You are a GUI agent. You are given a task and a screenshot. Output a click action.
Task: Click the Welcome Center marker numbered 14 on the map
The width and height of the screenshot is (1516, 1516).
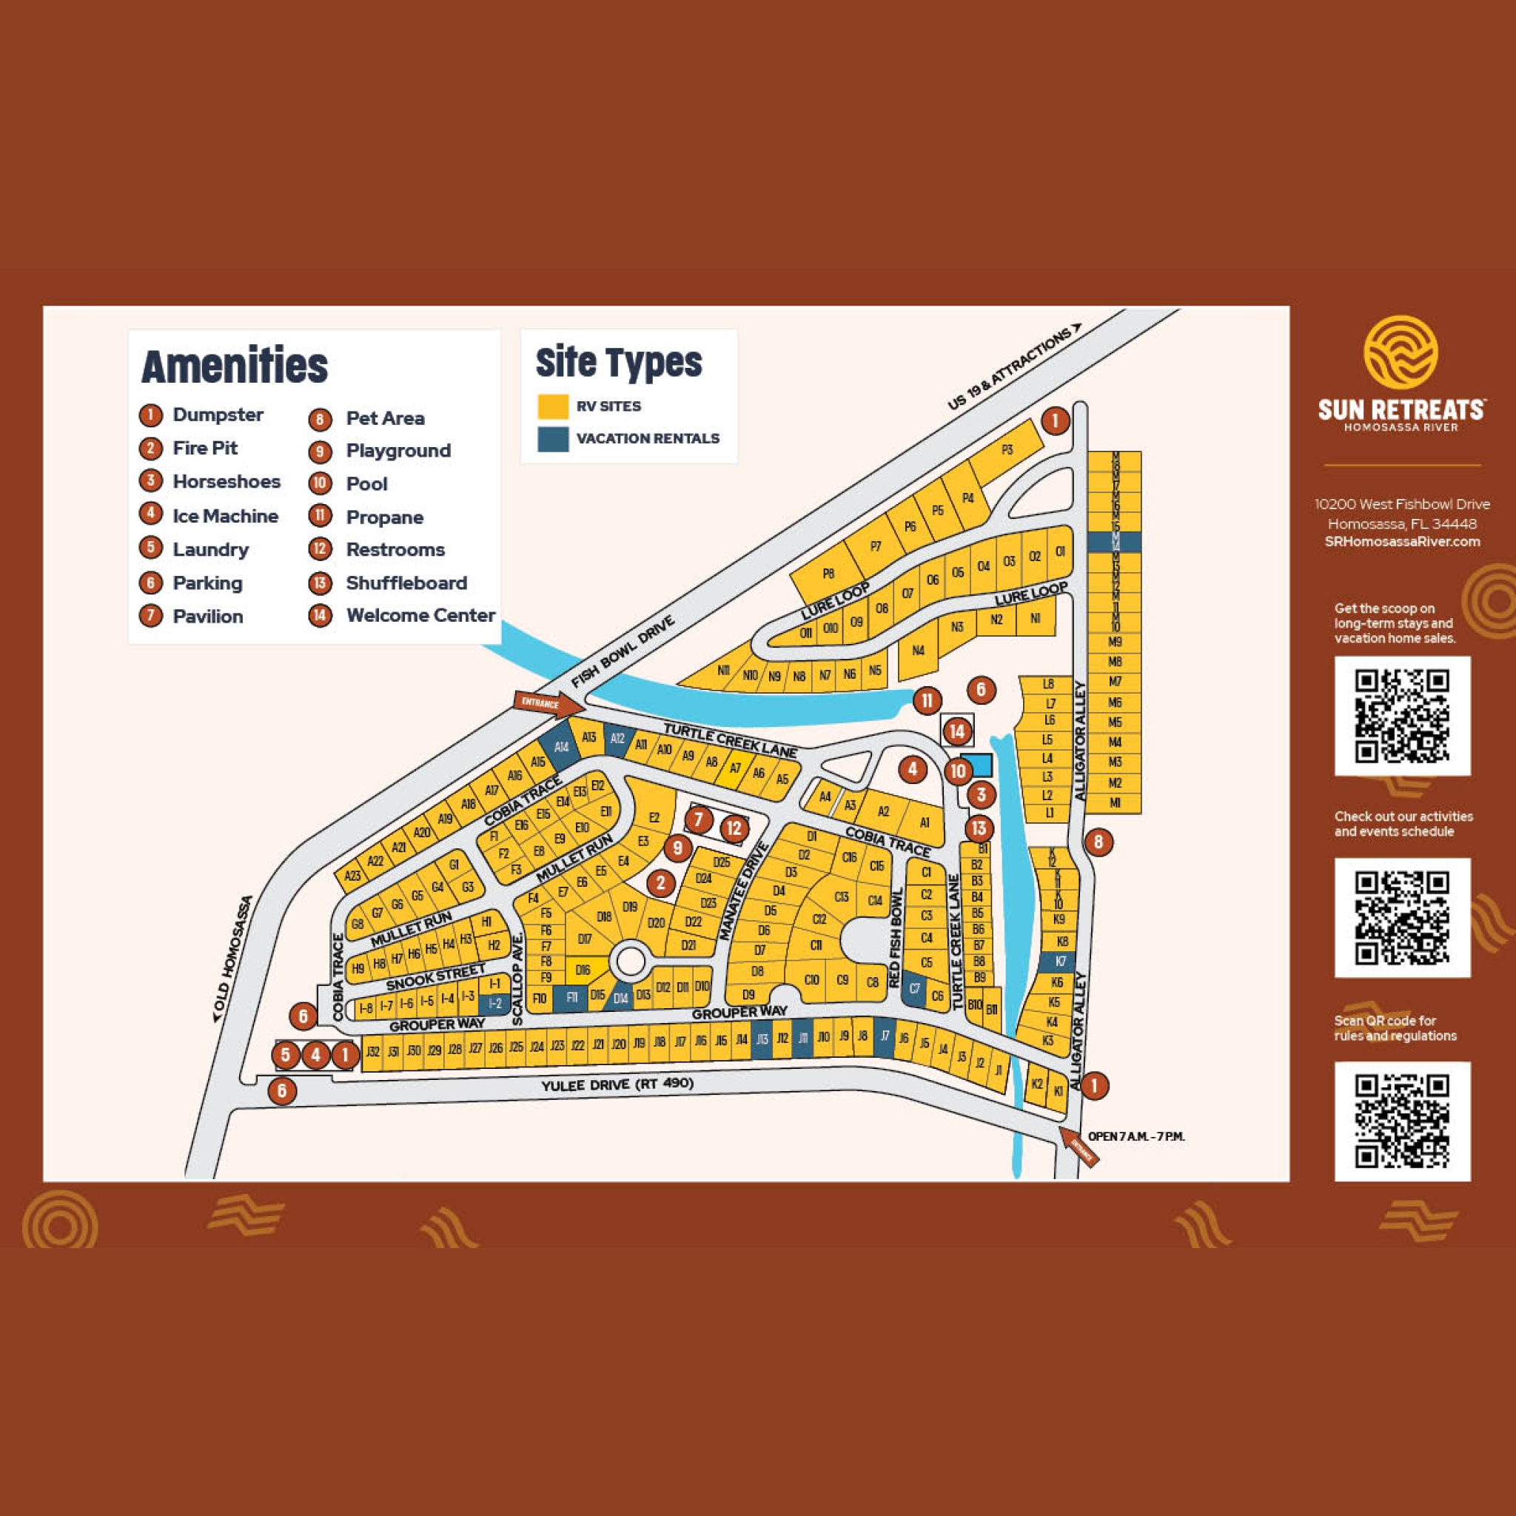pyautogui.click(x=956, y=732)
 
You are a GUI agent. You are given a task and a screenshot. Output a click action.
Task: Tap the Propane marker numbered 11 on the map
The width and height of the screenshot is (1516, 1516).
pyautogui.click(x=927, y=700)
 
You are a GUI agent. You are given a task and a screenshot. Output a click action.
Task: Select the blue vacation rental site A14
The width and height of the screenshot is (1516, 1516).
pyautogui.click(x=561, y=747)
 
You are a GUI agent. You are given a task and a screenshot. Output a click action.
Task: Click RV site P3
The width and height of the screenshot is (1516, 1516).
pyautogui.click(x=1007, y=450)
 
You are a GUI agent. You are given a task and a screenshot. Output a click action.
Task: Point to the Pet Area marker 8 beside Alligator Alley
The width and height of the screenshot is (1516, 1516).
pyautogui.click(x=1098, y=842)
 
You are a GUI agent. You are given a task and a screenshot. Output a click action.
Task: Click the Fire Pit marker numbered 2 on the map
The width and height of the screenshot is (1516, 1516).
pyautogui.click(x=661, y=884)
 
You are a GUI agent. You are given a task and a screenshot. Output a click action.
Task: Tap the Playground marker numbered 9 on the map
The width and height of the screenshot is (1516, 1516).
pyautogui.click(x=678, y=848)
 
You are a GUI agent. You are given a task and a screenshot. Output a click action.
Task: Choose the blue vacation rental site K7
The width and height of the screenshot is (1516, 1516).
pyautogui.click(x=1061, y=962)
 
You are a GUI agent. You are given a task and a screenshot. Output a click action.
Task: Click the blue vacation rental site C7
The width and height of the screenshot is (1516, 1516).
pyautogui.click(x=914, y=990)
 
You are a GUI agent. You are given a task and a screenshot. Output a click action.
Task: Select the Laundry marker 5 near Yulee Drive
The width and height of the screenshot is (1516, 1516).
pyautogui.click(x=286, y=1056)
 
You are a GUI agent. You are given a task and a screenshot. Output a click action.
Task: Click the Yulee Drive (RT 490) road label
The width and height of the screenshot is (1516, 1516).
pyautogui.click(x=617, y=1084)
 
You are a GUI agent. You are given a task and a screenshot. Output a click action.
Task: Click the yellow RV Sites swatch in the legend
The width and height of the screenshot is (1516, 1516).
pyautogui.click(x=552, y=406)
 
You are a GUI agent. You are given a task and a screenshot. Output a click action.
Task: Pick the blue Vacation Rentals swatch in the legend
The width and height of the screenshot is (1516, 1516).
pyautogui.click(x=552, y=439)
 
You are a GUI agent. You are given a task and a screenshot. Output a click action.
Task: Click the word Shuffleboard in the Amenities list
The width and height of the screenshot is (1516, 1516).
pyautogui.click(x=406, y=583)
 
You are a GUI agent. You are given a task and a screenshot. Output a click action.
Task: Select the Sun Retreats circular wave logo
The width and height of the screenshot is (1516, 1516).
pyautogui.click(x=1400, y=352)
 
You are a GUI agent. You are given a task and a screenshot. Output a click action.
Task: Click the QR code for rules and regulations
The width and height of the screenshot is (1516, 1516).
pyautogui.click(x=1402, y=1121)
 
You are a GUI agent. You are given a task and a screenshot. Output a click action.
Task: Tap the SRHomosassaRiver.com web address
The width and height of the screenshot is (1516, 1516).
pyautogui.click(x=1402, y=541)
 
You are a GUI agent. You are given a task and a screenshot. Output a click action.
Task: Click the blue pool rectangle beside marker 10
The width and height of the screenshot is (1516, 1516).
pyautogui.click(x=981, y=765)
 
